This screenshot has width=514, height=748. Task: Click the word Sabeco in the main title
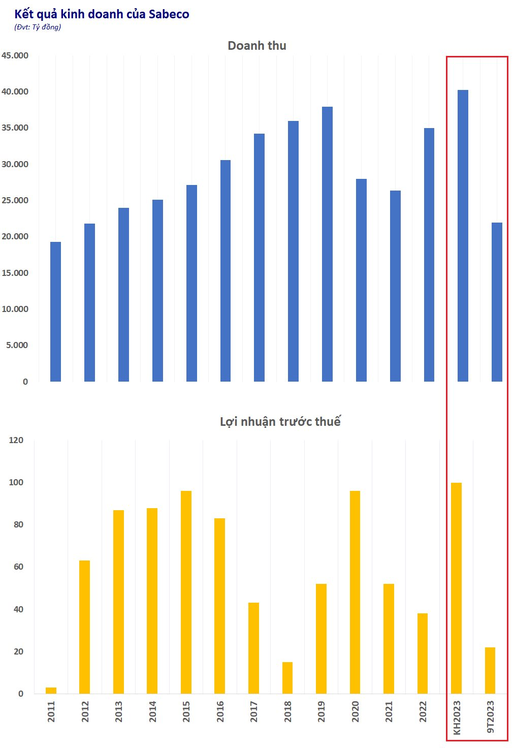click(x=169, y=14)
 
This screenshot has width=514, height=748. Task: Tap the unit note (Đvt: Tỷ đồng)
click(x=38, y=27)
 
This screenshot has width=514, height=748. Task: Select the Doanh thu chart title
click(x=257, y=46)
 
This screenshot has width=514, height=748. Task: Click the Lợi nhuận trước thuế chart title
click(x=280, y=422)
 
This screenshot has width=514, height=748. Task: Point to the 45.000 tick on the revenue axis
click(x=15, y=55)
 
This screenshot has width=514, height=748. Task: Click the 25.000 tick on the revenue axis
click(x=15, y=200)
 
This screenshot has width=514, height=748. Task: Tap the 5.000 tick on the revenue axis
click(x=17, y=345)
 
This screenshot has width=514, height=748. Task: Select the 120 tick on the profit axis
click(x=16, y=440)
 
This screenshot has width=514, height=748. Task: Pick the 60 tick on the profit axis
click(x=18, y=567)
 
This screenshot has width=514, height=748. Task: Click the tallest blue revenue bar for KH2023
click(x=463, y=236)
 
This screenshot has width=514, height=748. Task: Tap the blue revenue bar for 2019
click(x=327, y=244)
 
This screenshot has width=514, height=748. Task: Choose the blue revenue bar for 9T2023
click(x=497, y=302)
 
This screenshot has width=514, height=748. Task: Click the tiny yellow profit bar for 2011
click(x=51, y=691)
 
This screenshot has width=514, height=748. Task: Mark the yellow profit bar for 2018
click(x=287, y=678)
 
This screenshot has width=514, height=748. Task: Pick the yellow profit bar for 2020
click(x=355, y=592)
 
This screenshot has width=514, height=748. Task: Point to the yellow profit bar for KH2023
click(x=456, y=588)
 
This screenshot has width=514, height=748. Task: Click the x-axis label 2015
click(x=186, y=711)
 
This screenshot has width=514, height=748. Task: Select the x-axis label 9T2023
click(x=490, y=716)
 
